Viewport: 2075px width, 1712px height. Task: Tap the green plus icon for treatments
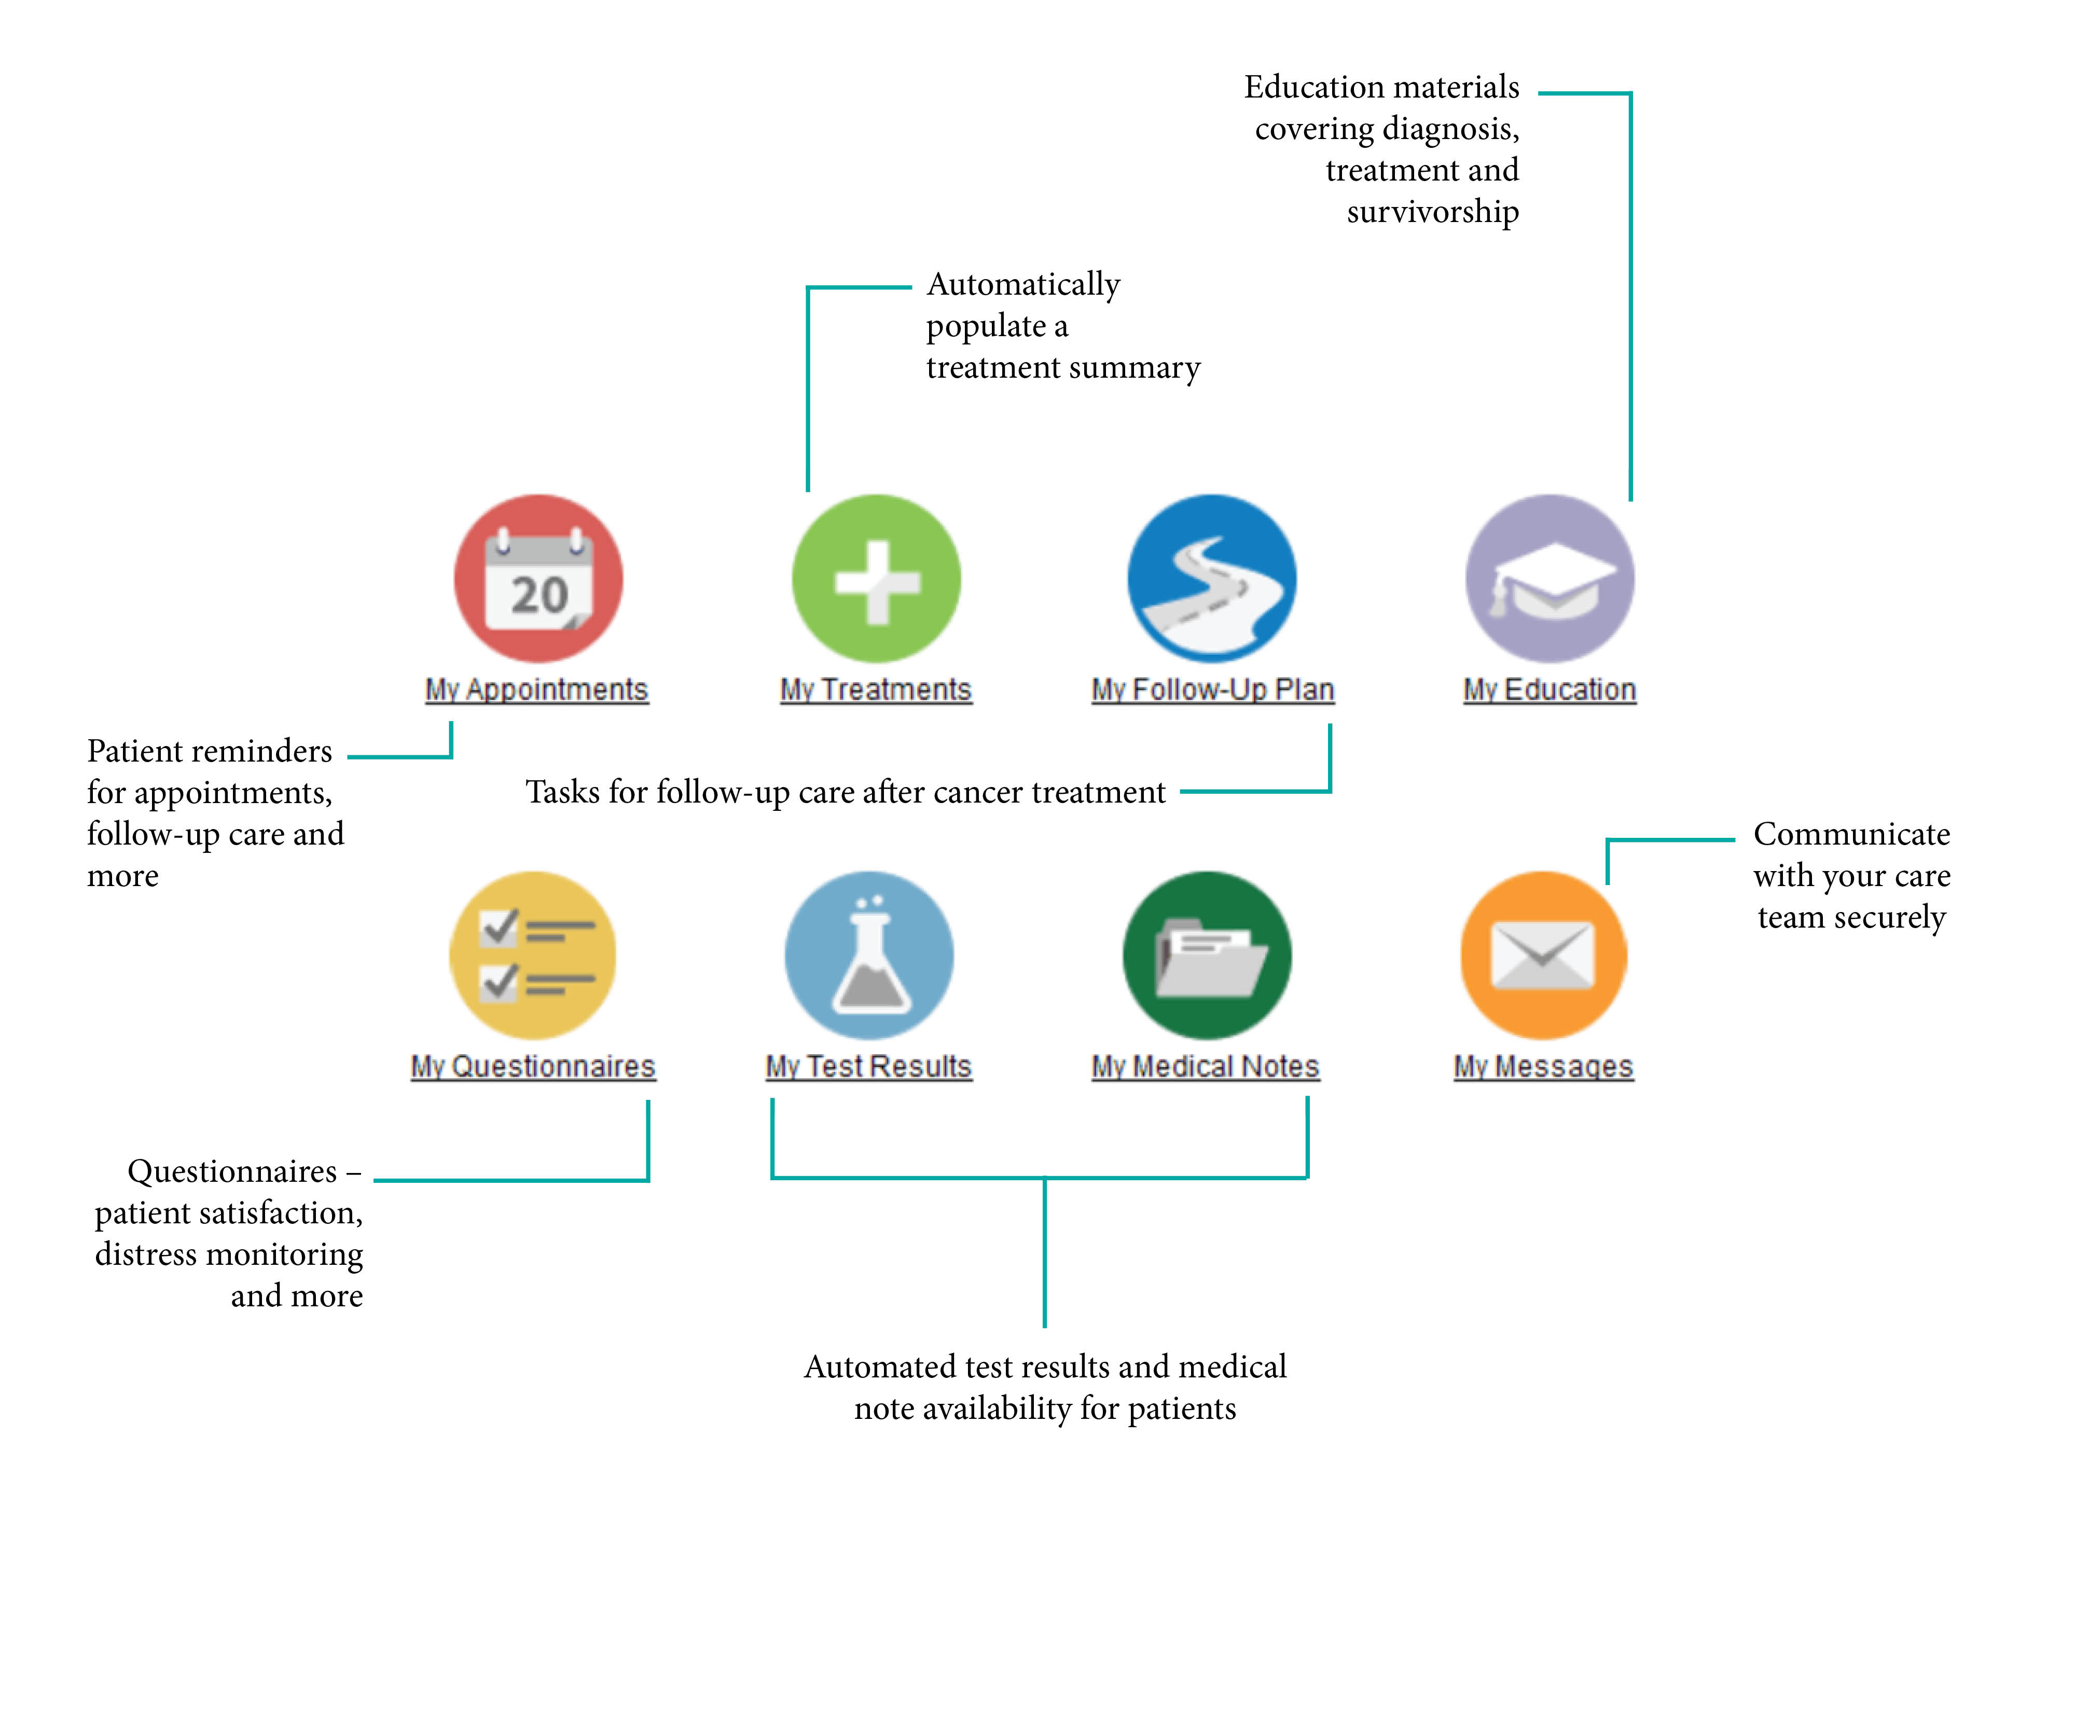coord(876,579)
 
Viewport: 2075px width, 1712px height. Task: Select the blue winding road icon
coord(1212,579)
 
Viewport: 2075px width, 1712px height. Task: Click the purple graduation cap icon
coord(1550,579)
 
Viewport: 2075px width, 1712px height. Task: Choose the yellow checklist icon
coord(533,955)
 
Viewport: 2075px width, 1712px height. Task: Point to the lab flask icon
coord(869,955)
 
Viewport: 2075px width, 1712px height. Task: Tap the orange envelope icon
coord(1543,955)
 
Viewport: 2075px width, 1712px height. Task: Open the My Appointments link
coord(536,689)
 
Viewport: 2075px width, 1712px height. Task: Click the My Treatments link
coord(876,689)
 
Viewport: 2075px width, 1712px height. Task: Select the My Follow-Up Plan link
coord(1212,689)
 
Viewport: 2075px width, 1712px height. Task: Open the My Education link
coord(1550,689)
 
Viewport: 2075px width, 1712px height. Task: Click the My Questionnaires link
coord(533,1066)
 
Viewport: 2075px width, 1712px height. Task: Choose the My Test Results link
coord(869,1066)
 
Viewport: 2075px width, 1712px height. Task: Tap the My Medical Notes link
coord(1205,1066)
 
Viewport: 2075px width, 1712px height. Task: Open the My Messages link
coord(1543,1066)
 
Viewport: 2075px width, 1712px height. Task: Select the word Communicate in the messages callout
coord(1851,834)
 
